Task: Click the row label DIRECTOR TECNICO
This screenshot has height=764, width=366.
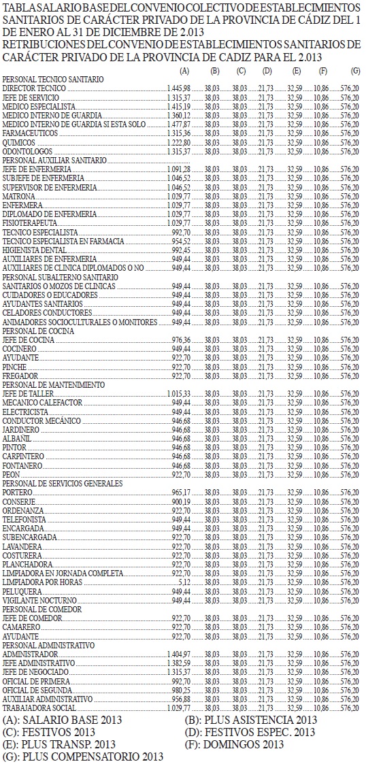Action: (34, 89)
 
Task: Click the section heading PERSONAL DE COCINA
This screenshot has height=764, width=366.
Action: (38, 331)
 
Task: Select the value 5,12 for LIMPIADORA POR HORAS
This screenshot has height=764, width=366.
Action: (184, 582)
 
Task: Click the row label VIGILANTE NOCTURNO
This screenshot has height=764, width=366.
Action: (39, 600)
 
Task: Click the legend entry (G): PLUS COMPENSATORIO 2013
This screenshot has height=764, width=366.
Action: (83, 756)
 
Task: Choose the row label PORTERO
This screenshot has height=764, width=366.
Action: (18, 492)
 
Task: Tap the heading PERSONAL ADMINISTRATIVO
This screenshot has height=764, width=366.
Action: (49, 644)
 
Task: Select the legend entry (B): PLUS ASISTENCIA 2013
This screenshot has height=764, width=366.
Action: (250, 720)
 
